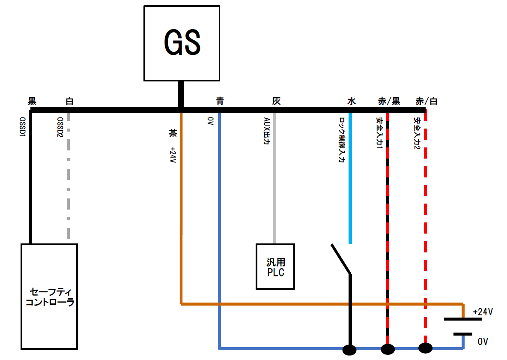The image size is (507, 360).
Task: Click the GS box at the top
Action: (x=182, y=43)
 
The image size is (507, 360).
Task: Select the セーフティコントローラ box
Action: (x=49, y=296)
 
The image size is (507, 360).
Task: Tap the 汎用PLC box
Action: (x=275, y=266)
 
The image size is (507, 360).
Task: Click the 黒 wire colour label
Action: (x=32, y=101)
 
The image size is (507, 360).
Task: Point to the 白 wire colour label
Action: (x=69, y=101)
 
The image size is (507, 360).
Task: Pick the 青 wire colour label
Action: (x=220, y=101)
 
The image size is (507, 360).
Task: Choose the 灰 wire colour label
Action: (x=276, y=101)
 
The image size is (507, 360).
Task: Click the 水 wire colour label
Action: (x=351, y=101)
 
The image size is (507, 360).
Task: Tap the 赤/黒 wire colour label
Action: (x=389, y=101)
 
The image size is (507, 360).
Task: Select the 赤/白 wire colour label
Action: (x=426, y=101)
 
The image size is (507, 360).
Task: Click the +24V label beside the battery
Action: (x=483, y=312)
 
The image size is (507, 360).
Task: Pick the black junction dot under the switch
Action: (x=349, y=350)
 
